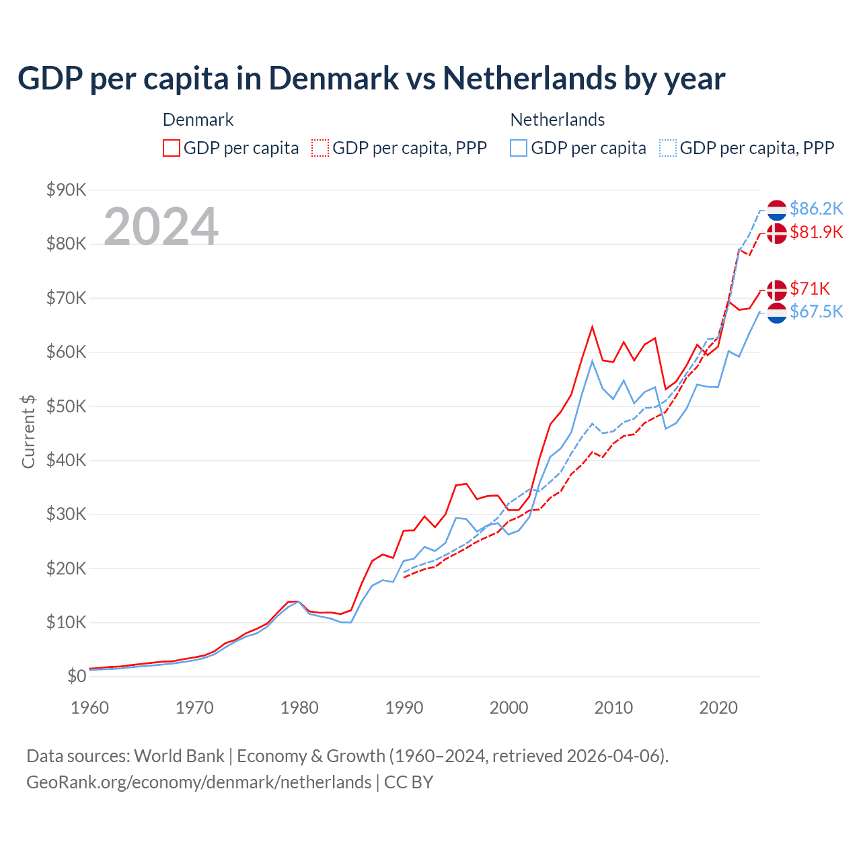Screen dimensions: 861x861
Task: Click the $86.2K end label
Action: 816,209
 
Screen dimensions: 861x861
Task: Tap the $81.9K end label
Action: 816,233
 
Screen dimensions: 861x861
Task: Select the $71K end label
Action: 810,289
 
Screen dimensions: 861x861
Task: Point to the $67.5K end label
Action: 816,312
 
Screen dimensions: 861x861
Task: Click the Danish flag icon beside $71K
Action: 777,290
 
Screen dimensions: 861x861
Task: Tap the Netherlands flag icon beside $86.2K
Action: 777,210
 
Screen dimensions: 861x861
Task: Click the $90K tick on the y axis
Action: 66,190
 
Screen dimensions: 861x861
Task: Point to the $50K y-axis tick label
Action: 66,406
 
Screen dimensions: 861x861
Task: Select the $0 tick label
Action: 77,677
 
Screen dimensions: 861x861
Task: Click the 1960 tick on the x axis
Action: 89,708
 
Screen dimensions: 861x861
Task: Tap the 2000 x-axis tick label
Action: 509,708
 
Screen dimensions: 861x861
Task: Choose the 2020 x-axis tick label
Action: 718,708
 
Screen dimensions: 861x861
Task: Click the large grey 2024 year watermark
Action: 161,227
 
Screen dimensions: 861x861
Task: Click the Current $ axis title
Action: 28,432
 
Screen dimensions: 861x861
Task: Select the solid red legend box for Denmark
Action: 172,148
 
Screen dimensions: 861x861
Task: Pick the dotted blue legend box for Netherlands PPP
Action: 668,148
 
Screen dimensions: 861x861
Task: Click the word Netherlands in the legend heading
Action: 557,120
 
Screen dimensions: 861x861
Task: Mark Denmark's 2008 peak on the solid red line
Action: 592,328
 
